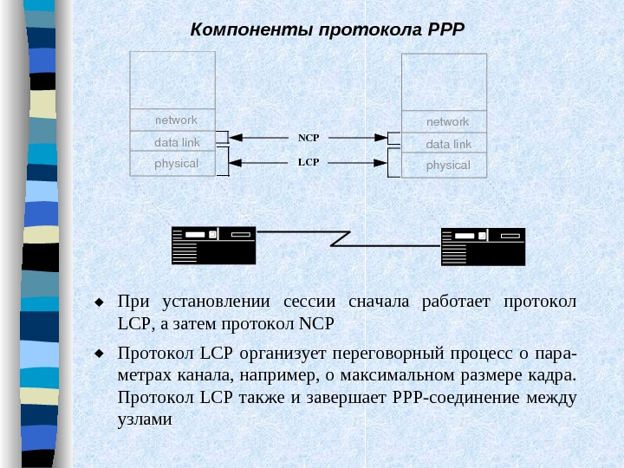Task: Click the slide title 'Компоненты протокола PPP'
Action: click(x=328, y=29)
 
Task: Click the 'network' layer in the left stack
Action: click(x=176, y=120)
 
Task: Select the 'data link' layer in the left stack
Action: click(x=177, y=141)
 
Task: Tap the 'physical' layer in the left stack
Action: click(x=176, y=163)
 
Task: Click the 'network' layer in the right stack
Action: click(x=447, y=122)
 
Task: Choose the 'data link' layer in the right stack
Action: click(x=448, y=144)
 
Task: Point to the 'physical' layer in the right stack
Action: click(x=448, y=166)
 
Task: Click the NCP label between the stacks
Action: click(x=309, y=138)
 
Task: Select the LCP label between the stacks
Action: click(x=309, y=162)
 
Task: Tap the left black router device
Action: click(x=213, y=245)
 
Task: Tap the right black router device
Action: click(x=483, y=247)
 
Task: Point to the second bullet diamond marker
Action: click(x=99, y=354)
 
